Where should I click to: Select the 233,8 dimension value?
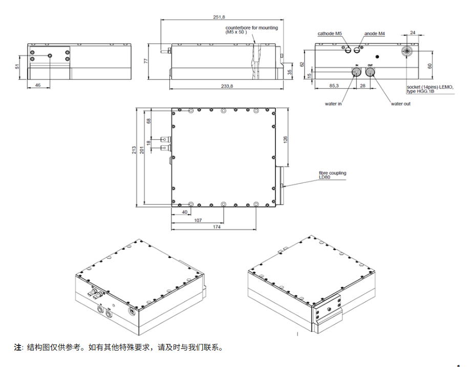[227, 86]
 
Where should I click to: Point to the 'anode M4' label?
[375, 34]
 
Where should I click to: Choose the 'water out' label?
[401, 104]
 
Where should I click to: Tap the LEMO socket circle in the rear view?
[408, 51]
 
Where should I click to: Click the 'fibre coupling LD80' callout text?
[332, 175]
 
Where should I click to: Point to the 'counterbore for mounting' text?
[252, 28]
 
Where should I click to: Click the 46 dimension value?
[38, 85]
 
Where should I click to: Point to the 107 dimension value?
[197, 220]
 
